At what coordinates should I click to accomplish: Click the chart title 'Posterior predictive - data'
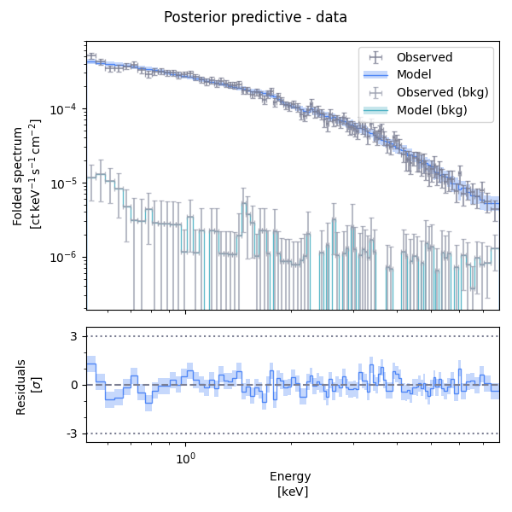(x=255, y=17)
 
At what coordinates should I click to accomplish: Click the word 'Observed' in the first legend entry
(x=424, y=57)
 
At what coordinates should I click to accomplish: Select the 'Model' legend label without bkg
(x=414, y=74)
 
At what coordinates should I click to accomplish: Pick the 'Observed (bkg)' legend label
(x=442, y=92)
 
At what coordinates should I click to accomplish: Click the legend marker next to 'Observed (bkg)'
(x=375, y=92)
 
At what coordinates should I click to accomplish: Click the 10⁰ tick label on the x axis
(x=185, y=459)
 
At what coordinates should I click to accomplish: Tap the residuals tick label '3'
(x=75, y=336)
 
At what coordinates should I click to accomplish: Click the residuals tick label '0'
(x=75, y=385)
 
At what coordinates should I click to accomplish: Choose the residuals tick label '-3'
(x=73, y=434)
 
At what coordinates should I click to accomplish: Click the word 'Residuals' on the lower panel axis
(x=21, y=385)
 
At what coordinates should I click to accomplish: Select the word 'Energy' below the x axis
(x=290, y=476)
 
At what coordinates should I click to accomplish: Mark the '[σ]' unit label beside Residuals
(x=37, y=385)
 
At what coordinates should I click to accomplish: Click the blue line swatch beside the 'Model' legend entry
(x=375, y=75)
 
